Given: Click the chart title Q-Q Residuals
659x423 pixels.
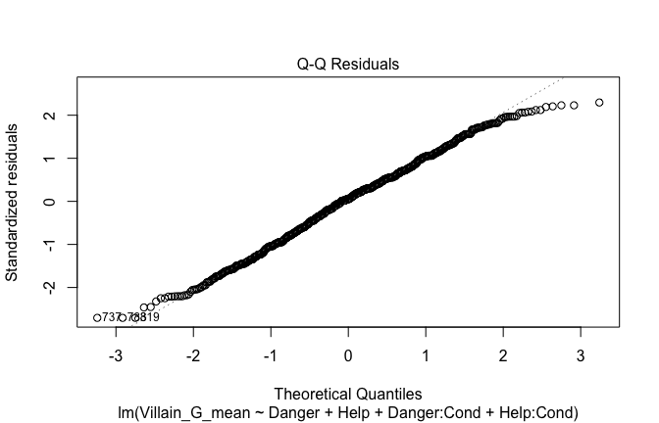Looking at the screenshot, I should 348,64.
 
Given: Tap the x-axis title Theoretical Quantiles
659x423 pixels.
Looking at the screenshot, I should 348,394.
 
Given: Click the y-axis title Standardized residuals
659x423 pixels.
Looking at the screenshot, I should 14,202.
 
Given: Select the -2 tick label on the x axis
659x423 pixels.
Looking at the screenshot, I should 193,352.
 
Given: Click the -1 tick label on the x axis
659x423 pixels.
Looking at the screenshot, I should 271,352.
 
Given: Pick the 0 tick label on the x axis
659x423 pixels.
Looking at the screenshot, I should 348,352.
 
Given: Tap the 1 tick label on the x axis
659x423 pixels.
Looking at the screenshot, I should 425,352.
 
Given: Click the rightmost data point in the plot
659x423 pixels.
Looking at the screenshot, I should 598,103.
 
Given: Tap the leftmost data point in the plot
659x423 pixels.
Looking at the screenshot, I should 97,317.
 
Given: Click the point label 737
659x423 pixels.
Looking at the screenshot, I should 111,317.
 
